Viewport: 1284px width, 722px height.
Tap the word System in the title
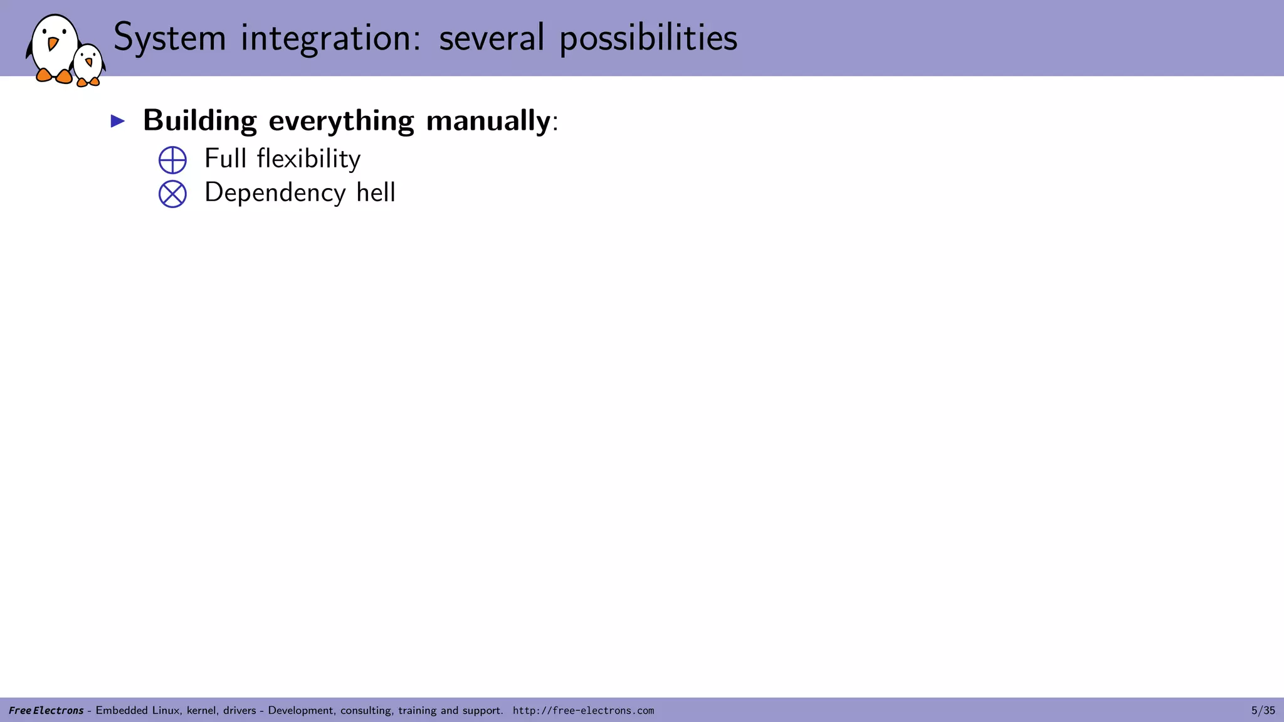169,38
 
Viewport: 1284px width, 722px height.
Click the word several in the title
492,38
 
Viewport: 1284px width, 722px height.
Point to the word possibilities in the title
648,38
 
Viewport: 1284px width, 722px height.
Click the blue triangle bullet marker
118,121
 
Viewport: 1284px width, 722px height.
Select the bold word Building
200,120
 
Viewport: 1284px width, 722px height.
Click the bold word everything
341,120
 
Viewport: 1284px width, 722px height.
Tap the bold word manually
488,120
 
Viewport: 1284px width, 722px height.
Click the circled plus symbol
172,160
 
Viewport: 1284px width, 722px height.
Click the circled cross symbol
172,194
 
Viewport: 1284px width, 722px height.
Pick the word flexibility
308,159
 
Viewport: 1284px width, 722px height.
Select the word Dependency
275,193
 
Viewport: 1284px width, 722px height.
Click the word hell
376,192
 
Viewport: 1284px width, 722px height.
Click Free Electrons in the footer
46,710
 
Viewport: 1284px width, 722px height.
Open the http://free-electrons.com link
583,710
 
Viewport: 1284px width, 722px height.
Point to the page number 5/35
1263,710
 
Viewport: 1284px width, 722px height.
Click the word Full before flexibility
225,159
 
